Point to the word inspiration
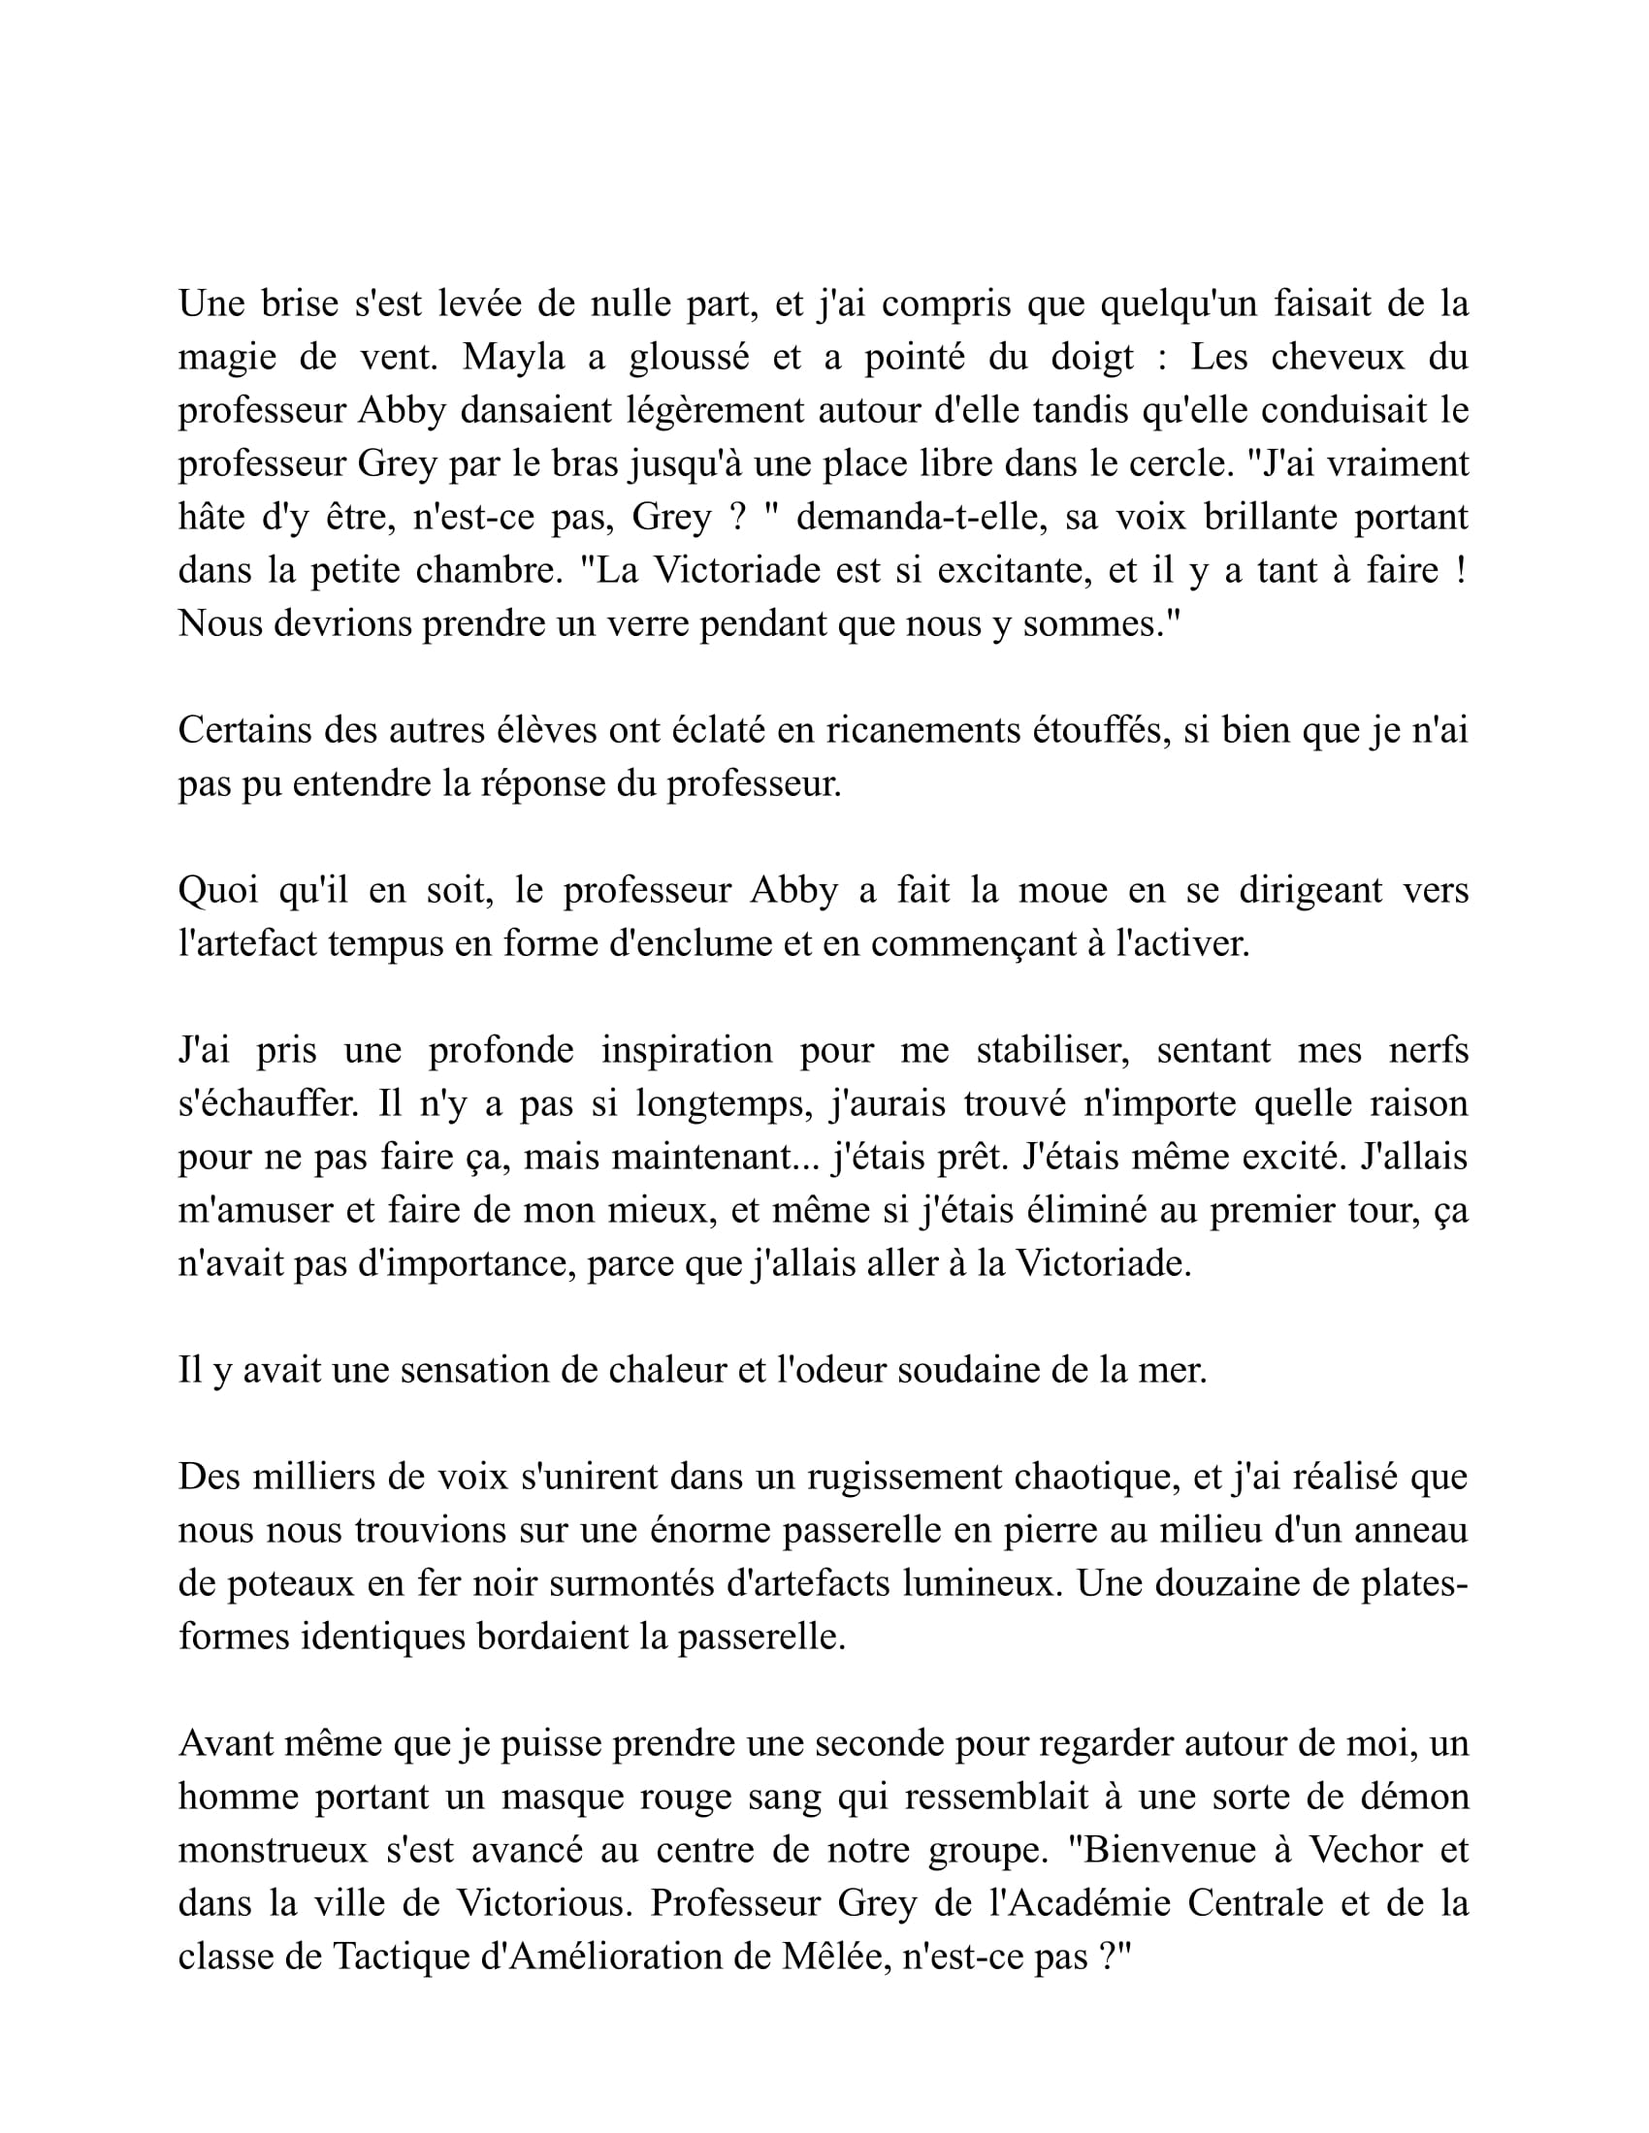coord(686,1050)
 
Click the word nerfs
coord(1429,1050)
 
